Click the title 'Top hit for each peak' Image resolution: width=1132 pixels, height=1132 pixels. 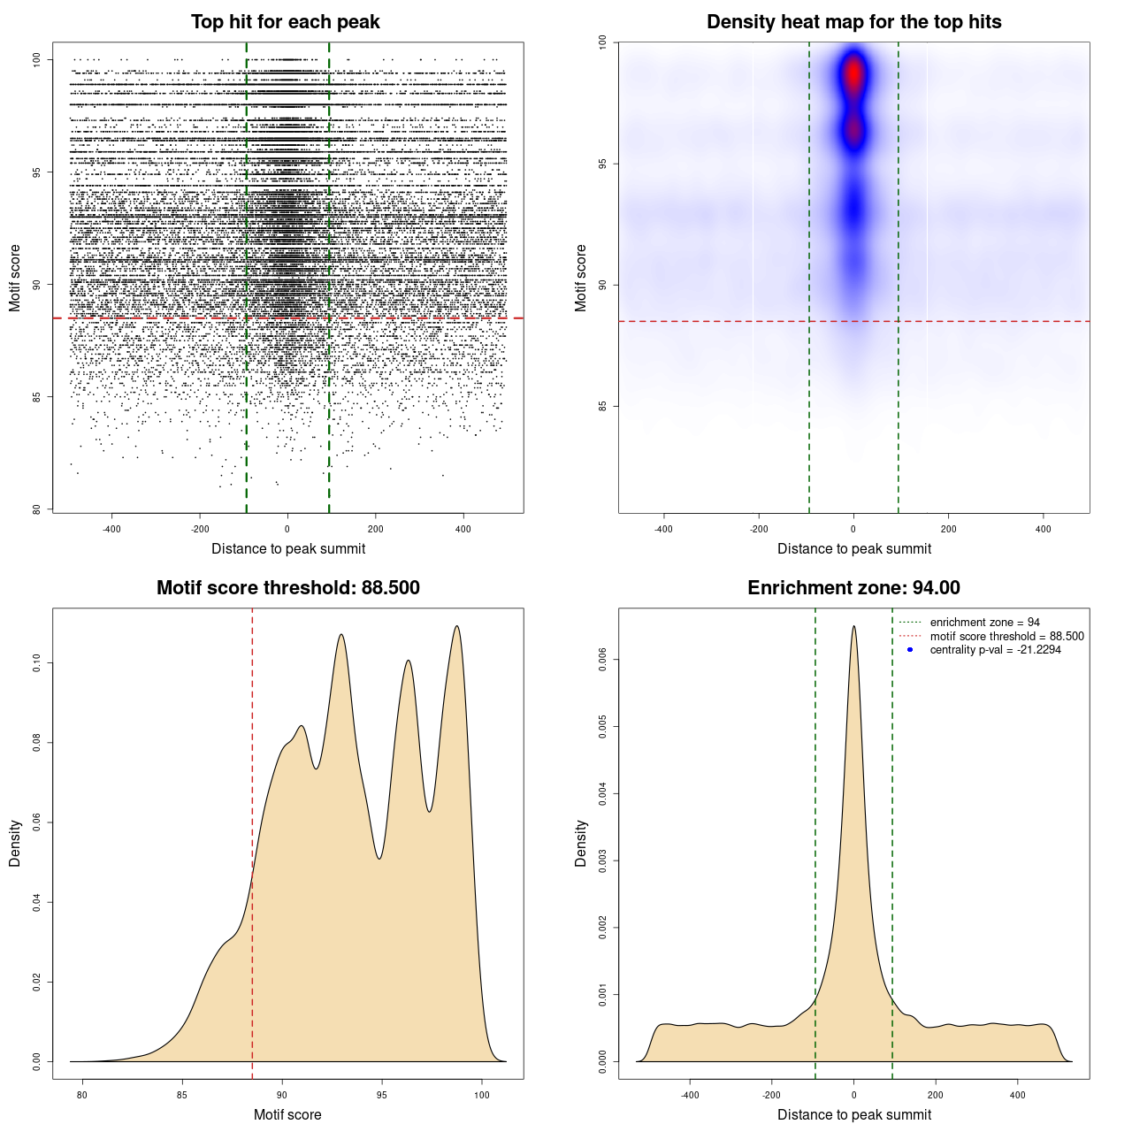[x=285, y=22]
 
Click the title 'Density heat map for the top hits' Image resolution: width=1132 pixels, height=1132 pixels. [x=853, y=22]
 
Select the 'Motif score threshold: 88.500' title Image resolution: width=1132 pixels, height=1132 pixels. [x=287, y=588]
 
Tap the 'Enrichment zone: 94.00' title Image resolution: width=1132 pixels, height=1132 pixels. [x=853, y=588]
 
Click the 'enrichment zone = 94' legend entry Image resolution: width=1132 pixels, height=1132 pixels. [x=984, y=623]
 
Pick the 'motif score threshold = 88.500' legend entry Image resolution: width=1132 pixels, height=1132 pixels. [x=1006, y=636]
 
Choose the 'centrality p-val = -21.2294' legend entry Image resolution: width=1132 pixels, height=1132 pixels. [x=995, y=650]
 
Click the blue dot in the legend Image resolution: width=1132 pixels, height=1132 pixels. [x=910, y=650]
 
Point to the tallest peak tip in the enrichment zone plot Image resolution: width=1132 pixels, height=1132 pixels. [x=853, y=626]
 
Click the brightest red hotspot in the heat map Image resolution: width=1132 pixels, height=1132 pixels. [x=853, y=74]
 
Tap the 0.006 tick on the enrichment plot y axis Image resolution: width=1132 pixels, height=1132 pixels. [x=602, y=660]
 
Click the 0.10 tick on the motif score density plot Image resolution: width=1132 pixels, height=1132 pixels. [x=36, y=663]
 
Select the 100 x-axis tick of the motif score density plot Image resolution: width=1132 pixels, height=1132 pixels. [x=481, y=1095]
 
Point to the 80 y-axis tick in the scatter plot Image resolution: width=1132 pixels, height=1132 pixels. [x=36, y=509]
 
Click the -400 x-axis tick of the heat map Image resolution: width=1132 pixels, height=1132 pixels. [x=663, y=529]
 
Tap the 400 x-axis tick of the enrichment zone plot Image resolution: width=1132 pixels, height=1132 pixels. [x=1017, y=1095]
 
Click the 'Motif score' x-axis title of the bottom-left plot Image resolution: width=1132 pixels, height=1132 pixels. [x=287, y=1114]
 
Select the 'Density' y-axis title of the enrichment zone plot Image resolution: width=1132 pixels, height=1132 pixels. [x=581, y=843]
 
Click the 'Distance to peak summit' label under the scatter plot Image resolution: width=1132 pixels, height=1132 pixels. [x=288, y=548]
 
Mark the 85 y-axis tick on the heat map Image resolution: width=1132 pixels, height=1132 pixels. [x=602, y=406]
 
